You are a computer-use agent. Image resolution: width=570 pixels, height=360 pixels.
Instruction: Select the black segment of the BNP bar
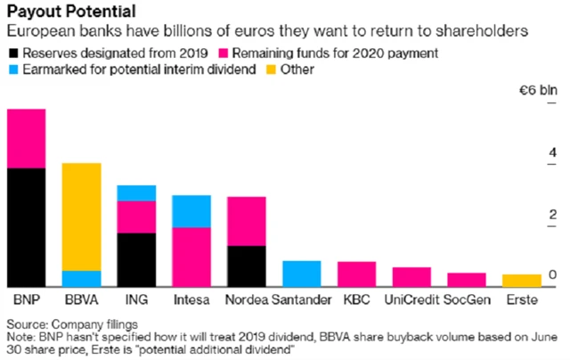click(x=26, y=226)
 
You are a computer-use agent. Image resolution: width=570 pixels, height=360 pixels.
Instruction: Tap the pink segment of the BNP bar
click(x=26, y=138)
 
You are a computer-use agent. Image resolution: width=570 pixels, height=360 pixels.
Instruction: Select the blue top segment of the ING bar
click(x=136, y=192)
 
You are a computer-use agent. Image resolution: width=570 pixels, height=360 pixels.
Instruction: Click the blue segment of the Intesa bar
click(x=191, y=211)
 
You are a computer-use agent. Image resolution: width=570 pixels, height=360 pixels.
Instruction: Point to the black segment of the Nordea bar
click(x=247, y=266)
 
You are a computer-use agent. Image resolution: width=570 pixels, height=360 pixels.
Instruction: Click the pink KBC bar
click(x=356, y=274)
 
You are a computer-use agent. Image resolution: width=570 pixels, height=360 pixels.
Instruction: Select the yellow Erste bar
click(x=522, y=280)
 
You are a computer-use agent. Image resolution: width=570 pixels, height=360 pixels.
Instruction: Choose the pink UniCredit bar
click(x=411, y=276)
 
